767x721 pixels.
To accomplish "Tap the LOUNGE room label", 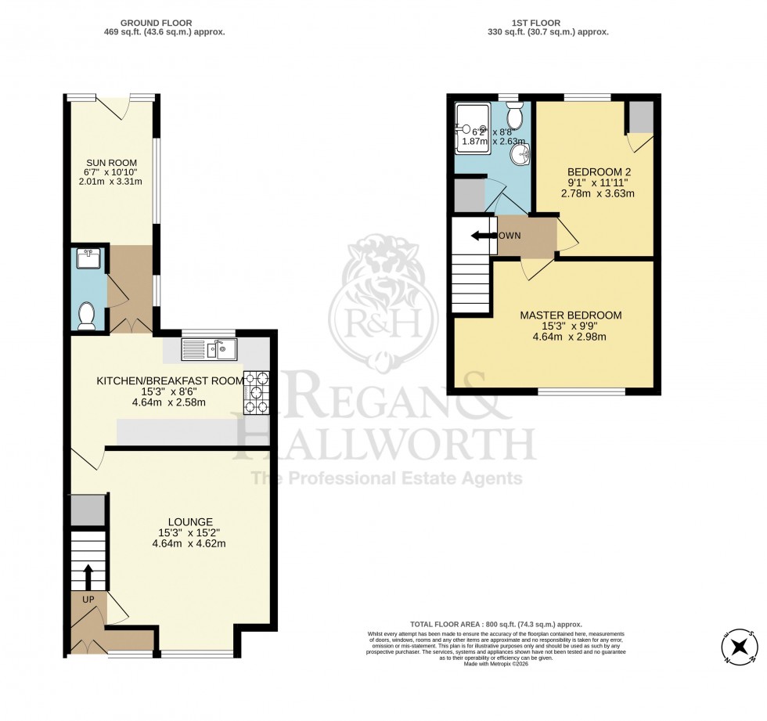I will tap(189, 521).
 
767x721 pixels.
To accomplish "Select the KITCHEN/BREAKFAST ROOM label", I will tap(169, 380).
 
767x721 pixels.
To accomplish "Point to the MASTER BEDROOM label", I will tap(571, 315).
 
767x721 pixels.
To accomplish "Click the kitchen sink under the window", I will tap(209, 350).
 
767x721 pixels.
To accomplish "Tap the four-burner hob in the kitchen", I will tap(256, 391).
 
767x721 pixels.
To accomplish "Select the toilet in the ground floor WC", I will tap(87, 315).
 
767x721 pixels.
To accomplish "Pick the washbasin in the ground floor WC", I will tap(86, 259).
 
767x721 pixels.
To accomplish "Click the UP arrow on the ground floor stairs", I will tap(87, 578).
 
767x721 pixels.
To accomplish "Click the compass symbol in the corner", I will tap(739, 647).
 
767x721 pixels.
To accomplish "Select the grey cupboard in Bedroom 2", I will tap(641, 117).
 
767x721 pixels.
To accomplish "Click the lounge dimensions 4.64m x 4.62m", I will tap(189, 543).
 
